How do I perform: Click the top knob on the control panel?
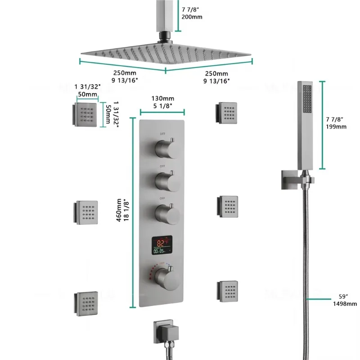click(164, 148)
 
